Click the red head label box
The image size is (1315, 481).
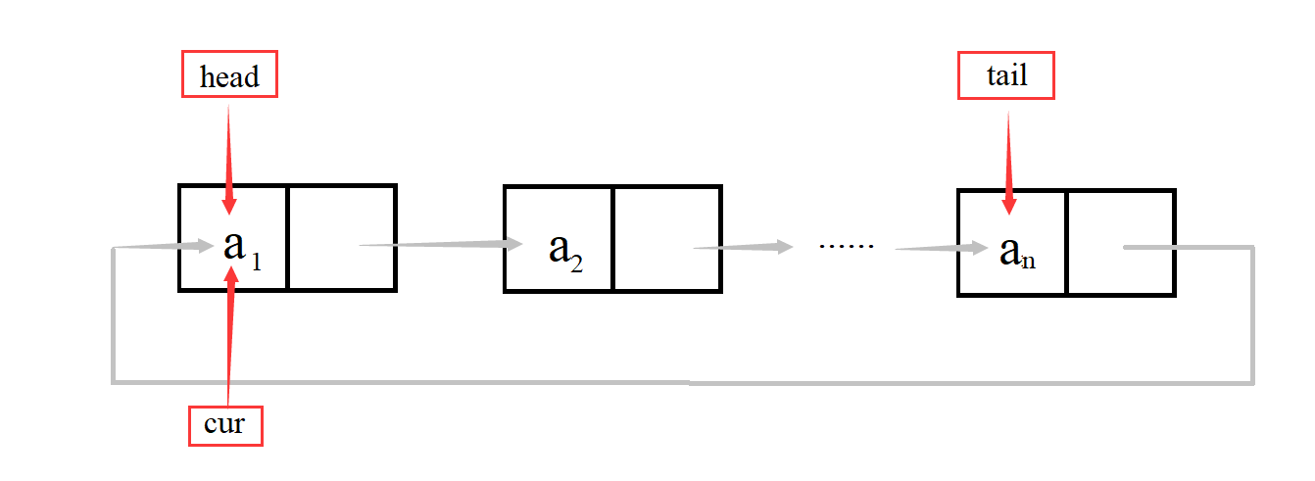[229, 74]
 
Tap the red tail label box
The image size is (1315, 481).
[1005, 74]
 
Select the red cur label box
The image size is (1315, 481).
[225, 424]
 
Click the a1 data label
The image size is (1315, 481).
[235, 246]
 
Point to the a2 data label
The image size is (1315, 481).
[564, 249]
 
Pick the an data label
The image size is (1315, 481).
[1015, 251]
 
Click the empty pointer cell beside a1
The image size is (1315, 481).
[341, 237]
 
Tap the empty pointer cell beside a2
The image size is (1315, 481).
[666, 238]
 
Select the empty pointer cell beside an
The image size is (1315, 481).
[1120, 242]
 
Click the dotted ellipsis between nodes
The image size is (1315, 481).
[845, 245]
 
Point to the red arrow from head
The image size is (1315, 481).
[228, 157]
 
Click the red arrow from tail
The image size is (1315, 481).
[1008, 157]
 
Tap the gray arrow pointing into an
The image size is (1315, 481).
[941, 248]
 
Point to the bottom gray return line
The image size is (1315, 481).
[686, 381]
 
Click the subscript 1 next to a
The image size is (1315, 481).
[256, 262]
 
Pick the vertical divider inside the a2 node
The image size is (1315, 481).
[612, 238]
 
